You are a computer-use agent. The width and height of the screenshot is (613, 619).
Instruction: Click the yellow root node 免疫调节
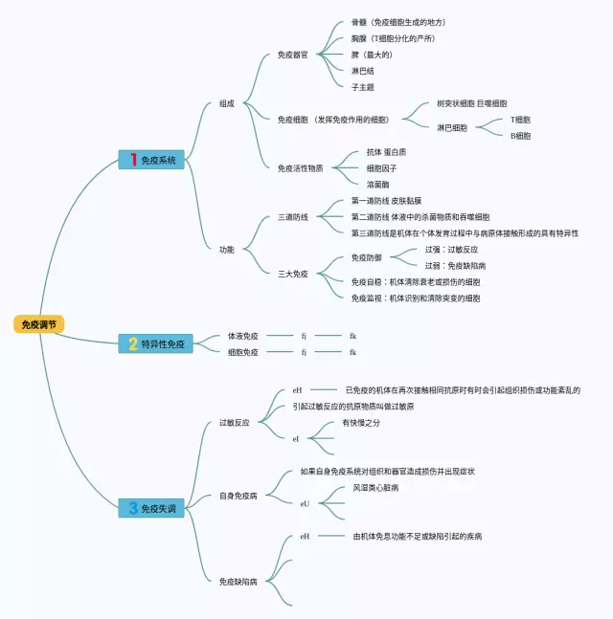38,325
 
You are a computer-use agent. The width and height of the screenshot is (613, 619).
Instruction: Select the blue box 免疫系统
150,160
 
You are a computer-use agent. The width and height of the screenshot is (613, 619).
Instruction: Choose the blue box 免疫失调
150,509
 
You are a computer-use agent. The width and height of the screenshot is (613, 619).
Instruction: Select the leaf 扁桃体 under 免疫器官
363,87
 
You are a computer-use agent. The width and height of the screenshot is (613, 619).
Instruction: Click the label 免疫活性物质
300,168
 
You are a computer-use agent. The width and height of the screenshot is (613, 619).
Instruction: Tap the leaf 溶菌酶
377,184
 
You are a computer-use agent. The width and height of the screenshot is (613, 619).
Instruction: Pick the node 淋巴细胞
452,127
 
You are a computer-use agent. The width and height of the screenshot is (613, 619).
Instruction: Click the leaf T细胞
520,120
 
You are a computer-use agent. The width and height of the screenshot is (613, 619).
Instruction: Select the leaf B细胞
520,136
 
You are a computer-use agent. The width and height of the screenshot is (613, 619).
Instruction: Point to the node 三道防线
292,217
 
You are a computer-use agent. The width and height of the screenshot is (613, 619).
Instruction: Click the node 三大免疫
292,274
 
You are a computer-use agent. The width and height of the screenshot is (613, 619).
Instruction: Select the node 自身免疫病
238,496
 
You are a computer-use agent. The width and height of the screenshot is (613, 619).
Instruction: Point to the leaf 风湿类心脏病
375,488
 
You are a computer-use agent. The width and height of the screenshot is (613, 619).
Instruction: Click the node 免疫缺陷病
238,581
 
